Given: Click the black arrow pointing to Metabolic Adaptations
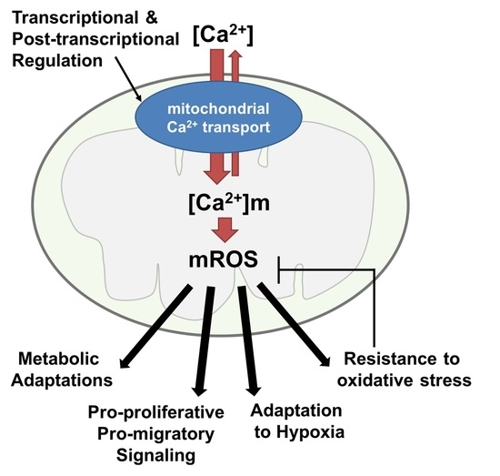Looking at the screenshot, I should click(159, 323).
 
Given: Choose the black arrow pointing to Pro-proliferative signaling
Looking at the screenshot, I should click(200, 337).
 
